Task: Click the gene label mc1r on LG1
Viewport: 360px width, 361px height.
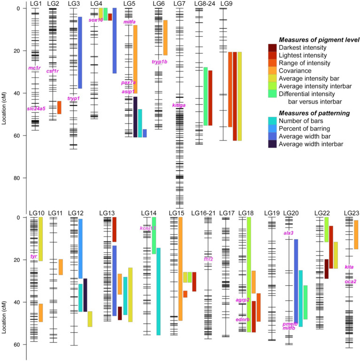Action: pos(34,68)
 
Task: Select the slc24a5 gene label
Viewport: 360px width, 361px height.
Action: pos(36,109)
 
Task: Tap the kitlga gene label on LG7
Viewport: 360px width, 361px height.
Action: pos(179,105)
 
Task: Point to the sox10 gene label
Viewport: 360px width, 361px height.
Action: pos(95,20)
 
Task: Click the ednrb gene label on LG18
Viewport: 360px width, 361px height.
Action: pos(243,320)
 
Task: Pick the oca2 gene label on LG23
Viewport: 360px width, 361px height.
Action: pos(350,282)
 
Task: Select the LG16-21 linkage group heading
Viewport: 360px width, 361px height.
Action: pos(203,213)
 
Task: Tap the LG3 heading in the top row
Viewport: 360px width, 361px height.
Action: pos(74,4)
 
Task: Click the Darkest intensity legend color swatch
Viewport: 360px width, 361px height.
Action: pos(273,47)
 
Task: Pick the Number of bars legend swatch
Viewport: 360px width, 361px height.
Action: pos(273,121)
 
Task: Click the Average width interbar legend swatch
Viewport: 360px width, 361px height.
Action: pos(273,144)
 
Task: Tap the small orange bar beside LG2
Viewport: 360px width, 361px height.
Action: pos(59,107)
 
